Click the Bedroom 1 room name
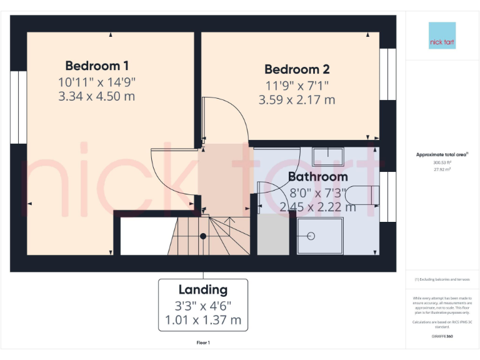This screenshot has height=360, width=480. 97,66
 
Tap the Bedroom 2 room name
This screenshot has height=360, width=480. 297,69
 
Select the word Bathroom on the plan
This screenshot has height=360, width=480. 317,177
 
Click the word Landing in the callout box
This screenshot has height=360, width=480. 203,290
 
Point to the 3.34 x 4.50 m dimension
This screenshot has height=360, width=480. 97,96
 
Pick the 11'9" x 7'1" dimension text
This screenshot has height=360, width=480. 297,85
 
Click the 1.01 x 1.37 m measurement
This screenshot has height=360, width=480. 203,320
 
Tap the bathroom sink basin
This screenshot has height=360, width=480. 328,156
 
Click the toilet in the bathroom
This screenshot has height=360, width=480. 362,196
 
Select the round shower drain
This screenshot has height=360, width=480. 312,236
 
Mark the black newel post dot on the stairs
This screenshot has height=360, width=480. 202,236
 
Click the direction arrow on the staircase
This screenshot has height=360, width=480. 230,219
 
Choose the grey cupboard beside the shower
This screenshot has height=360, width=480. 273,234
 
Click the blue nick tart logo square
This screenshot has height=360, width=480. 442,36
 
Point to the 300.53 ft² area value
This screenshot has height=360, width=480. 442,162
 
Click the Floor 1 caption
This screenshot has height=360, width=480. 203,342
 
